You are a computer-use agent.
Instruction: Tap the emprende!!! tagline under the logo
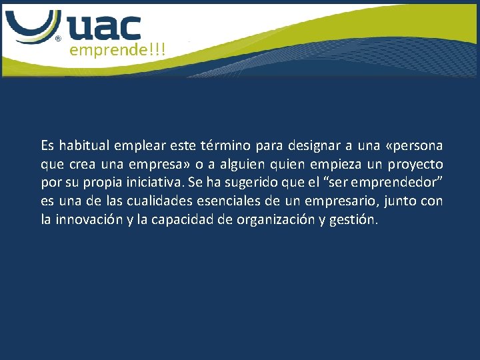(x=117, y=50)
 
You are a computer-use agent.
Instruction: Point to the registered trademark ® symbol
(x=58, y=39)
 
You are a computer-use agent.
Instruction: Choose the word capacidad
(x=185, y=220)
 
